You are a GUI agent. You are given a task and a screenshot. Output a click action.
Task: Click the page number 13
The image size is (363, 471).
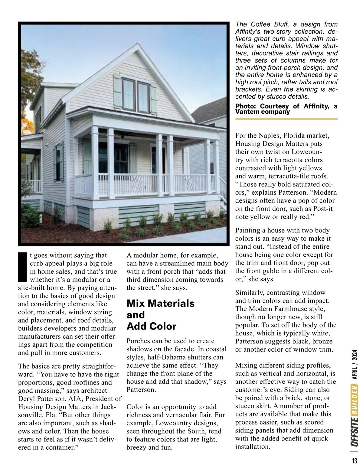tap(354, 461)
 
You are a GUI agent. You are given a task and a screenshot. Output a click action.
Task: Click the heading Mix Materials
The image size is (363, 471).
tap(160, 303)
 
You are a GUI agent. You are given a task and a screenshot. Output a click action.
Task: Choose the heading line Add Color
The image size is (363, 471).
tap(151, 326)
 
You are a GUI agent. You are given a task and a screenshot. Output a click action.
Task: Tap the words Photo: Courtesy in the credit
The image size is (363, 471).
tap(261, 106)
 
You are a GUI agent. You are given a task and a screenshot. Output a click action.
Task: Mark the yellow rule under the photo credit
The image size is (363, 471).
tap(286, 119)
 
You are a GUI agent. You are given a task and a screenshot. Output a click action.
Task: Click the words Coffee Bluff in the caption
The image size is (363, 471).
tap(264, 24)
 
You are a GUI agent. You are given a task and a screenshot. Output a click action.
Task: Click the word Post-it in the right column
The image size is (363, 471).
tap(316, 209)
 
